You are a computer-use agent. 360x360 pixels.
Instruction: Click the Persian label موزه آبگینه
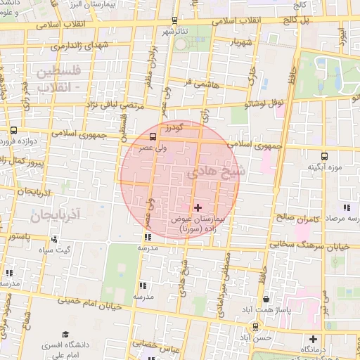point(323,168)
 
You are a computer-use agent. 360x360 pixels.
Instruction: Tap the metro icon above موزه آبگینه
point(324,156)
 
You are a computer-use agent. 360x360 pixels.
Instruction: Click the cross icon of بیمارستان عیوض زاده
point(198,207)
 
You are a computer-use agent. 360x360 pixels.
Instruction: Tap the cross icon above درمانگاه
point(324,339)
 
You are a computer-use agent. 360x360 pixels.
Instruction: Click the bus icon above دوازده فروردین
point(14,130)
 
